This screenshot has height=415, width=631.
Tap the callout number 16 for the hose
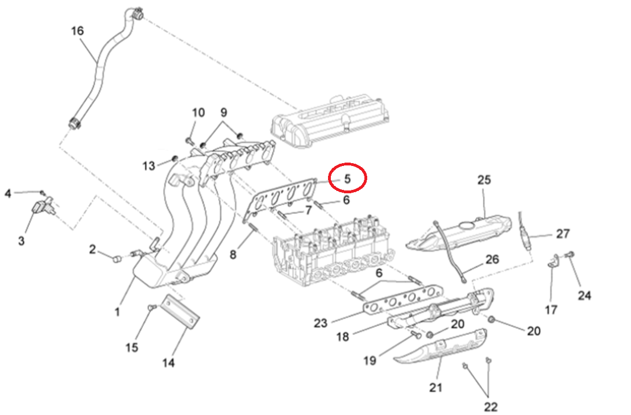[x=77, y=30]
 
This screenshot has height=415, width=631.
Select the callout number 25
[x=483, y=180]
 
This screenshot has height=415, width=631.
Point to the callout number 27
[x=562, y=234]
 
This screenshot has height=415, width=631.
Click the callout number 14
[x=168, y=363]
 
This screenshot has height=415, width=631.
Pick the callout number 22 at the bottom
[x=491, y=407]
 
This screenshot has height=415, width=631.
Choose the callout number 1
[x=117, y=312]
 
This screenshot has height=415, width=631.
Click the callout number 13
[x=148, y=166]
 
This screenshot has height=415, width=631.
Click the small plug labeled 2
[x=116, y=259]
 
